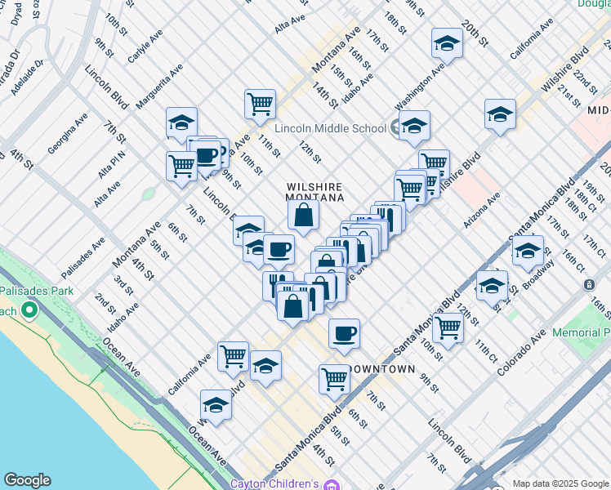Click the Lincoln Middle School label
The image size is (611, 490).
(x=330, y=128)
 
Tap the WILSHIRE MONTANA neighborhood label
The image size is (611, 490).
(x=314, y=192)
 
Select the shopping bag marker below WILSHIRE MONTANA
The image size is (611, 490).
(x=303, y=216)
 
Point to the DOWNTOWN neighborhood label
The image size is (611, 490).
(x=382, y=369)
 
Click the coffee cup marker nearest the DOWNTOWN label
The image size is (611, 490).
(x=344, y=333)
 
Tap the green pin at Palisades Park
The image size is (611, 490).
(x=30, y=310)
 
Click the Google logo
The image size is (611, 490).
(x=27, y=480)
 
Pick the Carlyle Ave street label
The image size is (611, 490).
(x=145, y=48)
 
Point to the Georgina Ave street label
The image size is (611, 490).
(x=67, y=134)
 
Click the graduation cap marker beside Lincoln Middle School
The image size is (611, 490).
(x=415, y=126)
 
